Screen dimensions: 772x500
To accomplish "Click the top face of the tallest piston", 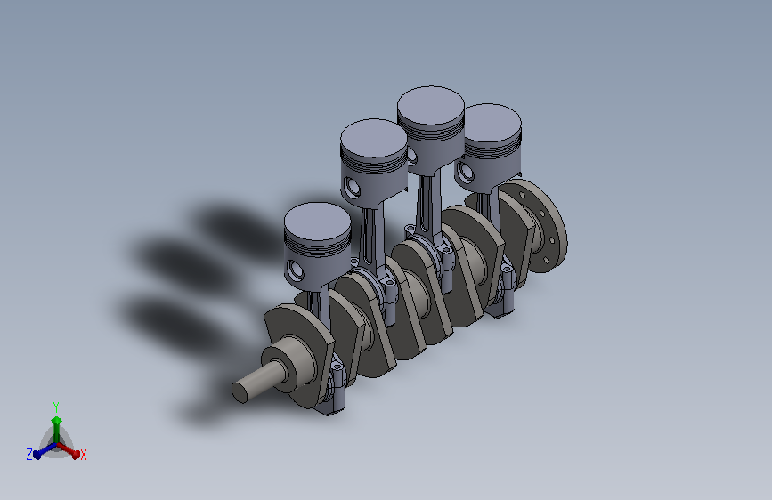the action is point(431,109).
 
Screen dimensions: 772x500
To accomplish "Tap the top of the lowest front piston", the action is point(318,222).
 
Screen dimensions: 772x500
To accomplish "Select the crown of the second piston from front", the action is point(374,139).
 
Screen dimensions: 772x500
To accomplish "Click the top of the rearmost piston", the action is point(493,123).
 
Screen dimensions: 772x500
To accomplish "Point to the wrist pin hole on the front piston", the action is point(296,270).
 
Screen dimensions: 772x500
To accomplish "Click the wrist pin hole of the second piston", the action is point(353,187).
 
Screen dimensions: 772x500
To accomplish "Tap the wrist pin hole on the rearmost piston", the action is point(465,171).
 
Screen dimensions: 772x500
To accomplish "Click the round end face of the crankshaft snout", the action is point(240,392).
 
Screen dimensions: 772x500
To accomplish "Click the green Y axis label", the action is point(56,407).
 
